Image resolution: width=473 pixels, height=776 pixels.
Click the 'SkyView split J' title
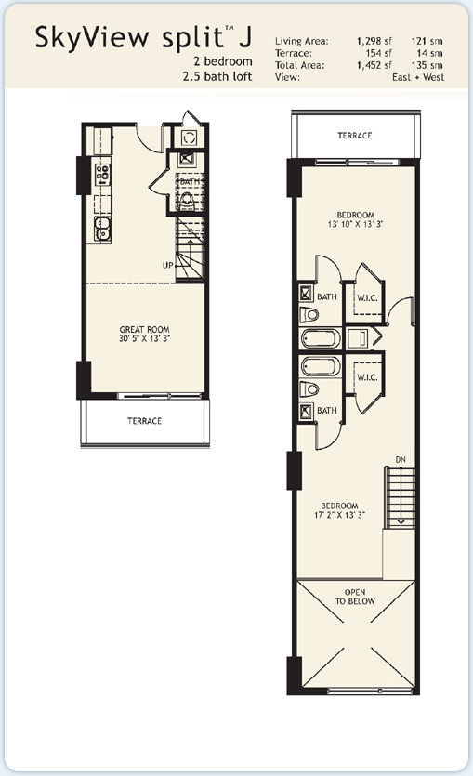(143, 37)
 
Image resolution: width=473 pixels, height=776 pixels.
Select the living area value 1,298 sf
(374, 41)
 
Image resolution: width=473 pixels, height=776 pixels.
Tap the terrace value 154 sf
(379, 53)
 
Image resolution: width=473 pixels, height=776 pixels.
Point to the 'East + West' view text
(418, 77)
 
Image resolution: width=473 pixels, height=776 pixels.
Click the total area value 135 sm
(427, 65)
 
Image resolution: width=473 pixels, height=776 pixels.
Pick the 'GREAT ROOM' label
(144, 329)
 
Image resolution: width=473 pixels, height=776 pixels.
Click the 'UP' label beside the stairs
(167, 265)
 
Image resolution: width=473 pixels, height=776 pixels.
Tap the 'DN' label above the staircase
(401, 460)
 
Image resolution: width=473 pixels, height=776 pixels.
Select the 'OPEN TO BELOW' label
(355, 597)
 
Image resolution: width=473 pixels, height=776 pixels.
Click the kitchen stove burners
(102, 175)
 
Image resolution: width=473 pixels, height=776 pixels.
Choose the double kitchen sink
(102, 229)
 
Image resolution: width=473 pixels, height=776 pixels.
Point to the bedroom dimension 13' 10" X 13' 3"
(355, 224)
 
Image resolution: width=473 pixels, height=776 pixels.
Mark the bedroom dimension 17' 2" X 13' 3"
(339, 515)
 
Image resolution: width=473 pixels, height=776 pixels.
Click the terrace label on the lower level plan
(144, 421)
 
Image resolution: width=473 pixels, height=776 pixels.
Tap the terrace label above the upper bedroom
(355, 135)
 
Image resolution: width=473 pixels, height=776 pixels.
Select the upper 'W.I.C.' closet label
(368, 298)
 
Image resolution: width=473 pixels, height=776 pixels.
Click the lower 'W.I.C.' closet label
(368, 377)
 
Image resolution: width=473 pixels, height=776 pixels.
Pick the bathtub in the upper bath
(321, 339)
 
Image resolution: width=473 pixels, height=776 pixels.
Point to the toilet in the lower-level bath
(187, 200)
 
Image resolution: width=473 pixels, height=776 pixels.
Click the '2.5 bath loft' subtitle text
(217, 77)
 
